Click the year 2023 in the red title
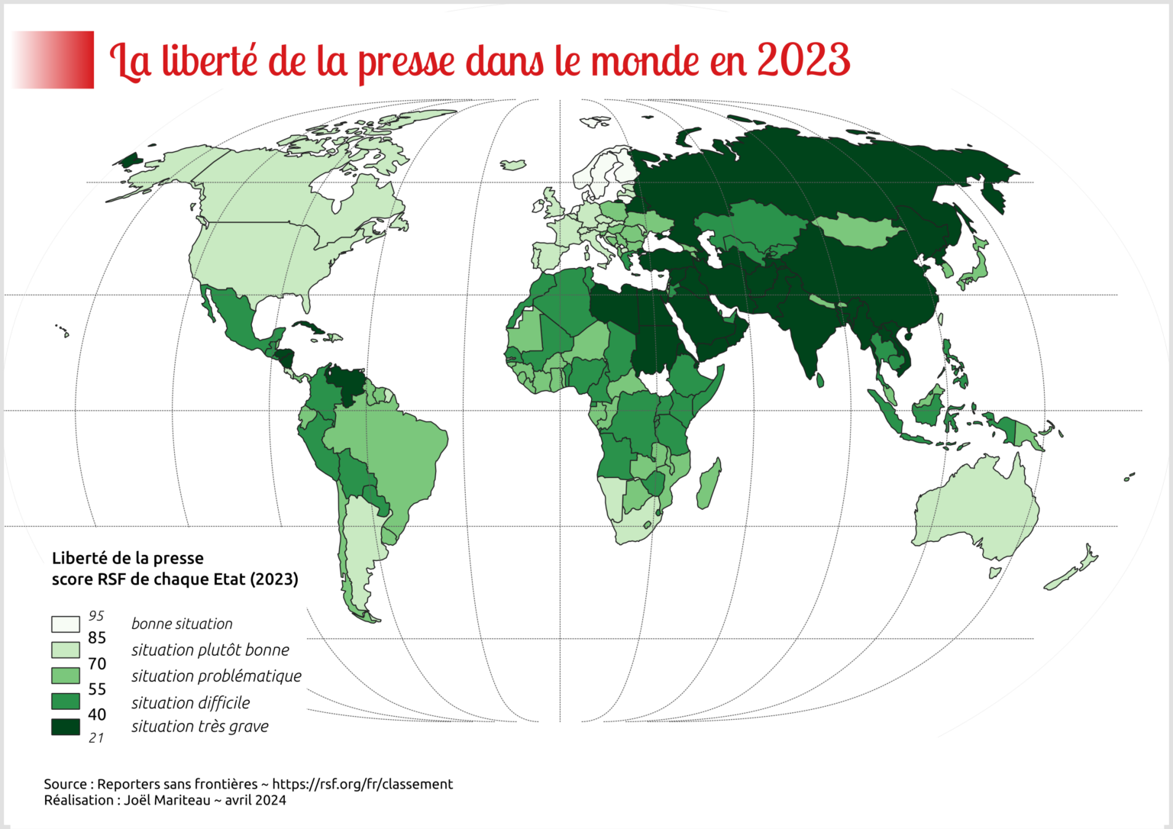803,60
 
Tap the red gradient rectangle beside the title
53,60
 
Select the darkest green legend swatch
65,727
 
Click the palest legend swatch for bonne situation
65,624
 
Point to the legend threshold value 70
97,663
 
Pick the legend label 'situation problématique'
216,676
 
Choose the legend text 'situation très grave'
200,727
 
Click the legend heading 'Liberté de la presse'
128,558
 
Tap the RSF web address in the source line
362,784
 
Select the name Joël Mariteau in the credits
167,800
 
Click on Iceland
512,164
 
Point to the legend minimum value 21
96,737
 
